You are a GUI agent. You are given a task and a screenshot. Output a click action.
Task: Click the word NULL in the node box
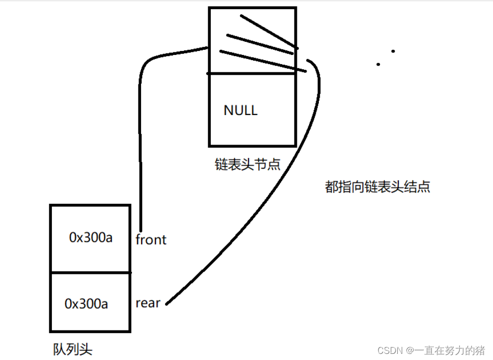pyautogui.click(x=240, y=110)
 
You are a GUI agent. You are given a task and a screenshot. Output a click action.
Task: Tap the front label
pyautogui.click(x=151, y=239)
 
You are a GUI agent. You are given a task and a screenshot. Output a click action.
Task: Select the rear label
pyautogui.click(x=148, y=303)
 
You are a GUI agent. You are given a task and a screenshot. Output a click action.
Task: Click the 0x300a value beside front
pyautogui.click(x=91, y=238)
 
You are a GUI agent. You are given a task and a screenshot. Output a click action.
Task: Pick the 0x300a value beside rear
pyautogui.click(x=87, y=304)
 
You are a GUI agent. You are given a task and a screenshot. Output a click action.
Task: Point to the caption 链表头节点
pyautogui.click(x=248, y=164)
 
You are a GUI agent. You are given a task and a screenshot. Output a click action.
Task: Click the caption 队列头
pyautogui.click(x=73, y=349)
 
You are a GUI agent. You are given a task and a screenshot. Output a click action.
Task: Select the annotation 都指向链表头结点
pyautogui.click(x=377, y=187)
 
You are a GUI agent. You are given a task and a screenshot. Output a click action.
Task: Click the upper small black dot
pyautogui.click(x=393, y=51)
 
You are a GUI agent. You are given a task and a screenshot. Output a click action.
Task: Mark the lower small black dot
pyautogui.click(x=378, y=64)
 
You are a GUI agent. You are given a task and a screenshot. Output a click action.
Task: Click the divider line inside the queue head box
pyautogui.click(x=90, y=272)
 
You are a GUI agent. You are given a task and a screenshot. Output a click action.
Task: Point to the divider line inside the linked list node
pyautogui.click(x=252, y=74)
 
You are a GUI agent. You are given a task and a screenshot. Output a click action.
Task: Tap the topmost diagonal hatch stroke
pyautogui.click(x=267, y=31)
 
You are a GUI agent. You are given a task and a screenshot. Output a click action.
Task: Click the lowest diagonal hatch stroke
pyautogui.click(x=262, y=60)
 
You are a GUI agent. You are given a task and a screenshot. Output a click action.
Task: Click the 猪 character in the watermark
pyautogui.click(x=479, y=350)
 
